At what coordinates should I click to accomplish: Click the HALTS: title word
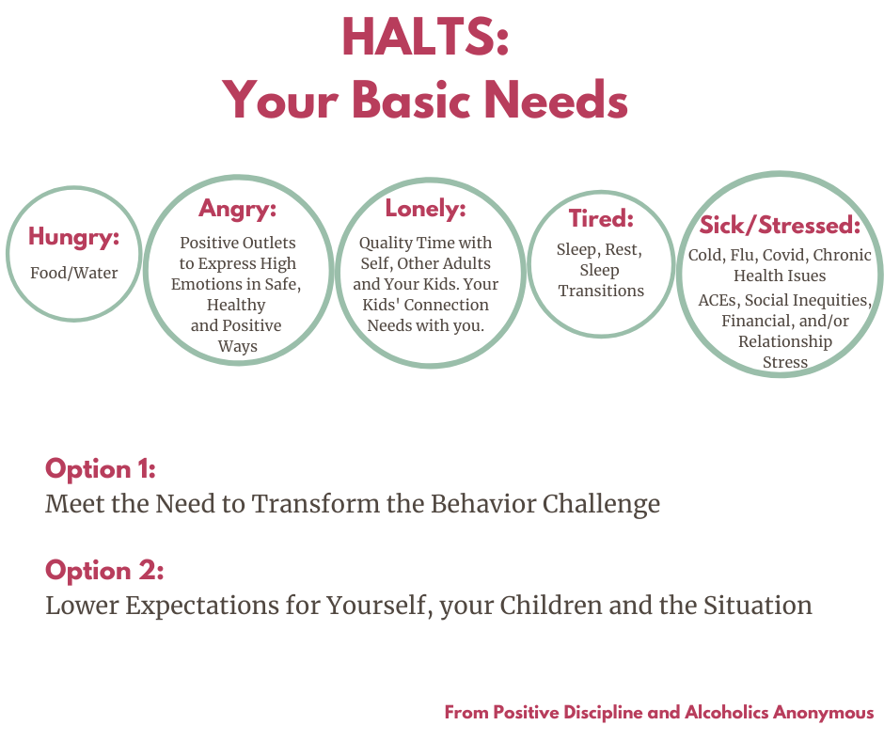[x=426, y=37]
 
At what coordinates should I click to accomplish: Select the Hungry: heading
[x=74, y=237]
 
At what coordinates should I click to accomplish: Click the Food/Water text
[x=74, y=273]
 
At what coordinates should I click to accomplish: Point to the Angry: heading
[x=237, y=209]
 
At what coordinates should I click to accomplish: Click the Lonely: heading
[x=426, y=209]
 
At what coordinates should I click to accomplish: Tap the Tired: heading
[x=601, y=218]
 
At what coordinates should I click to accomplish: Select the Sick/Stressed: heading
[x=781, y=225]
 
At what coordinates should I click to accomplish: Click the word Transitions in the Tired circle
[x=601, y=291]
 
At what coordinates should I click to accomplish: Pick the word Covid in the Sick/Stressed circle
[x=783, y=256]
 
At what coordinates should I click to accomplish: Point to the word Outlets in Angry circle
[x=268, y=243]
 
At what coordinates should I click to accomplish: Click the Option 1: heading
[x=101, y=468]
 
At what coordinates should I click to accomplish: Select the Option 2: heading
[x=104, y=570]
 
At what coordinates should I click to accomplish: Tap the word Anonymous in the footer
[x=823, y=712]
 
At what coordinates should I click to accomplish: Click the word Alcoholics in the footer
[x=726, y=712]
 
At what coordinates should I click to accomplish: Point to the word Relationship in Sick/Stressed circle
[x=785, y=341]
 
